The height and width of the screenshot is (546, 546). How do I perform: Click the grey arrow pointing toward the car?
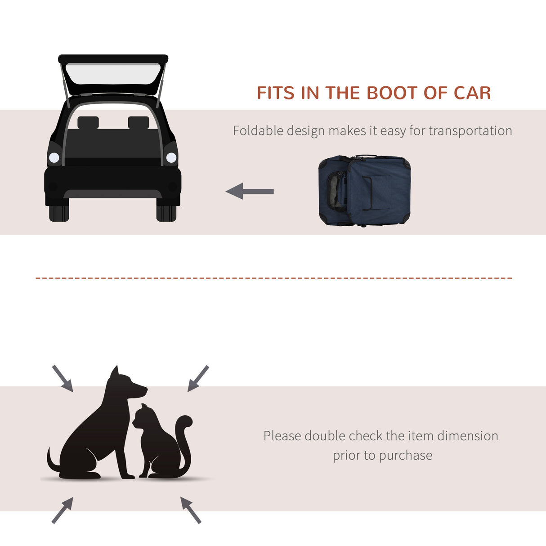click(250, 191)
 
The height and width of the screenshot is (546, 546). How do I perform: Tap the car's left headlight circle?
click(54, 157)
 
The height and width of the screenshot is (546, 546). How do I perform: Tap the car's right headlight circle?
click(171, 157)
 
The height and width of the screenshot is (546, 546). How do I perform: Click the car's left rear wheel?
click(59, 213)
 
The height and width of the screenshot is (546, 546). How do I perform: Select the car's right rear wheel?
click(166, 213)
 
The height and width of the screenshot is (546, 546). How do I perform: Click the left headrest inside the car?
click(88, 122)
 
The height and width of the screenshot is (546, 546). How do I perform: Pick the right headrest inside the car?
click(139, 122)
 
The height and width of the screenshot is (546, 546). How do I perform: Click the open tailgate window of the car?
click(113, 73)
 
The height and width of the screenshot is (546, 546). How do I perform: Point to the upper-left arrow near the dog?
click(63, 378)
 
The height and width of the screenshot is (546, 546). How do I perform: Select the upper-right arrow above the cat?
click(198, 378)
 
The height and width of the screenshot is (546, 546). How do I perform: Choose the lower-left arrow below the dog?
click(63, 510)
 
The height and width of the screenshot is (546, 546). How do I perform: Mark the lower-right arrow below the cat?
click(191, 510)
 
